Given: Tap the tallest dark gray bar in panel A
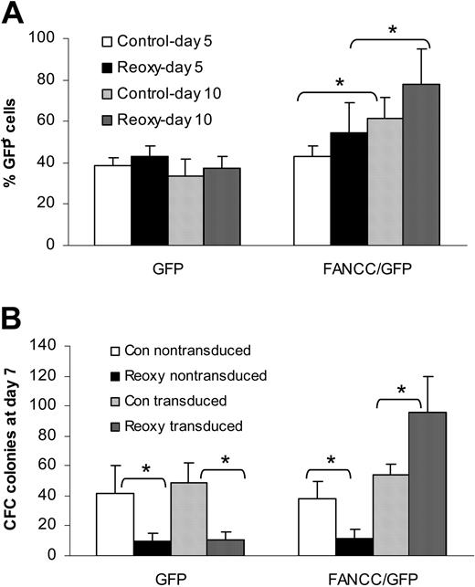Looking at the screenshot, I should [421, 164].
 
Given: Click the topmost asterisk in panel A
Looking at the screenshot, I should [392, 29].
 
